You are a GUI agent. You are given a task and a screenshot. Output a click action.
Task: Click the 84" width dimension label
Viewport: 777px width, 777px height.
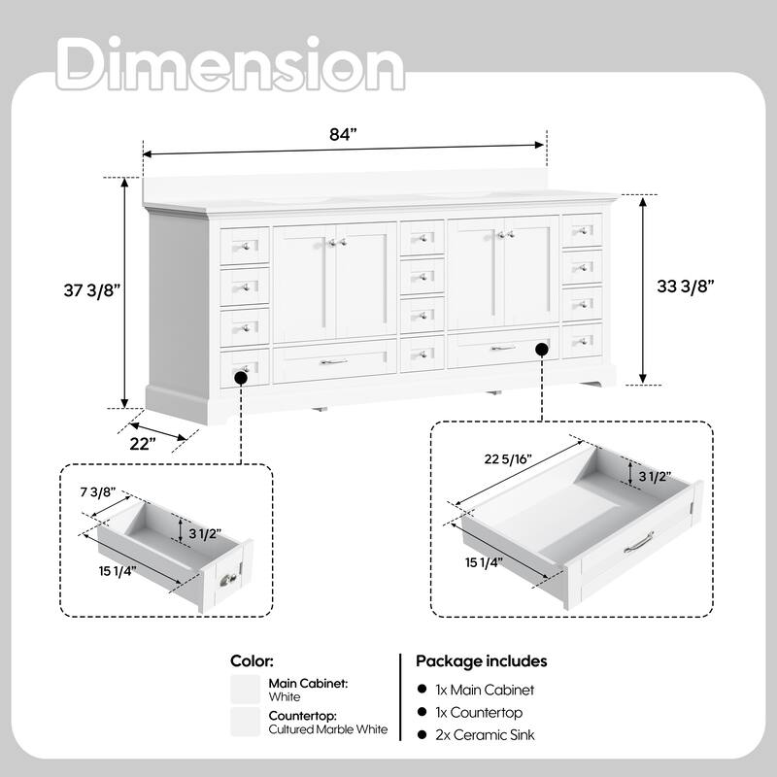point(344,135)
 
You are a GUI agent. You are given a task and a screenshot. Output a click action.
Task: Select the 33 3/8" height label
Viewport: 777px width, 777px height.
point(685,287)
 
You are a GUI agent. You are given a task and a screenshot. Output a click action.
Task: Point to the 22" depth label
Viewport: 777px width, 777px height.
point(142,444)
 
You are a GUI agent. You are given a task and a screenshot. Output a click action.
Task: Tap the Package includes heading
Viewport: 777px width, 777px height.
point(482,660)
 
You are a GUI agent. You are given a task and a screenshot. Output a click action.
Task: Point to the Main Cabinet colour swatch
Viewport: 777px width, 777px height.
point(245,690)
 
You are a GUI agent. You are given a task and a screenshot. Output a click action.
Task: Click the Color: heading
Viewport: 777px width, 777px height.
point(253,660)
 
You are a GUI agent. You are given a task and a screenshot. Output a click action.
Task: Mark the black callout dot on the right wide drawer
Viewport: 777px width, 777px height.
point(541,347)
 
